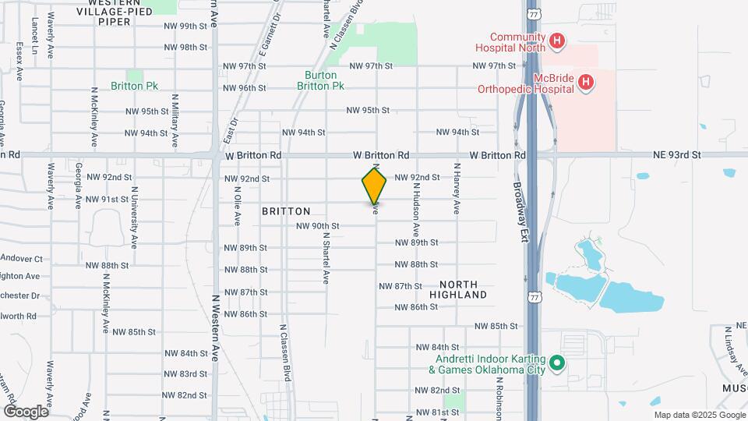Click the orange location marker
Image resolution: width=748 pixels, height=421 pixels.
(x=374, y=185)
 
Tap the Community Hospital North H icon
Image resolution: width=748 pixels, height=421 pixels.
(x=557, y=41)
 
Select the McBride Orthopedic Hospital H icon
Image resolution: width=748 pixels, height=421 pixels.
(x=587, y=81)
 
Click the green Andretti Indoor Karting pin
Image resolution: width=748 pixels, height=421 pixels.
(x=557, y=363)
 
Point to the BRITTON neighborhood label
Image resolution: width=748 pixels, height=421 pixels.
(x=286, y=211)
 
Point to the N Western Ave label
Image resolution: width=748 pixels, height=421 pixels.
(x=215, y=328)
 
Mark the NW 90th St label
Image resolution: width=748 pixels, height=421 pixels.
(x=318, y=226)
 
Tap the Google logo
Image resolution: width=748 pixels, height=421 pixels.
(x=26, y=410)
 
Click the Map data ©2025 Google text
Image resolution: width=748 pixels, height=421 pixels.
(x=697, y=415)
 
